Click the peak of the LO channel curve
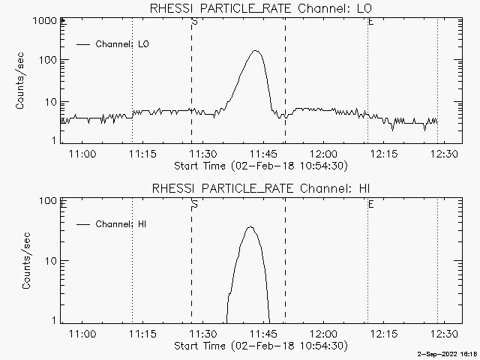coord(255,51)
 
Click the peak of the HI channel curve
coord(250,226)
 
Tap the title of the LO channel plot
coord(261,8)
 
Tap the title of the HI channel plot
coord(261,188)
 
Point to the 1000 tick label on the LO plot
coord(45,21)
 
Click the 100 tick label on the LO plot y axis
coord(48,60)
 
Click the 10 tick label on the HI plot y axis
coord(51,261)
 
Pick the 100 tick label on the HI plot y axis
coord(48,201)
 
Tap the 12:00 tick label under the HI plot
coord(323,333)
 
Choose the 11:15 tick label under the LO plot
coord(142,154)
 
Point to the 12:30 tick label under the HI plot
coord(444,333)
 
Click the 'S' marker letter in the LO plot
coord(194,22)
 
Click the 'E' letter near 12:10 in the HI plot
coord(370,204)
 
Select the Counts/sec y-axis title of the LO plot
coord(19,81)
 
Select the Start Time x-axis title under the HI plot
coord(261,346)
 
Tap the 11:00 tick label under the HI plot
coord(82,333)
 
